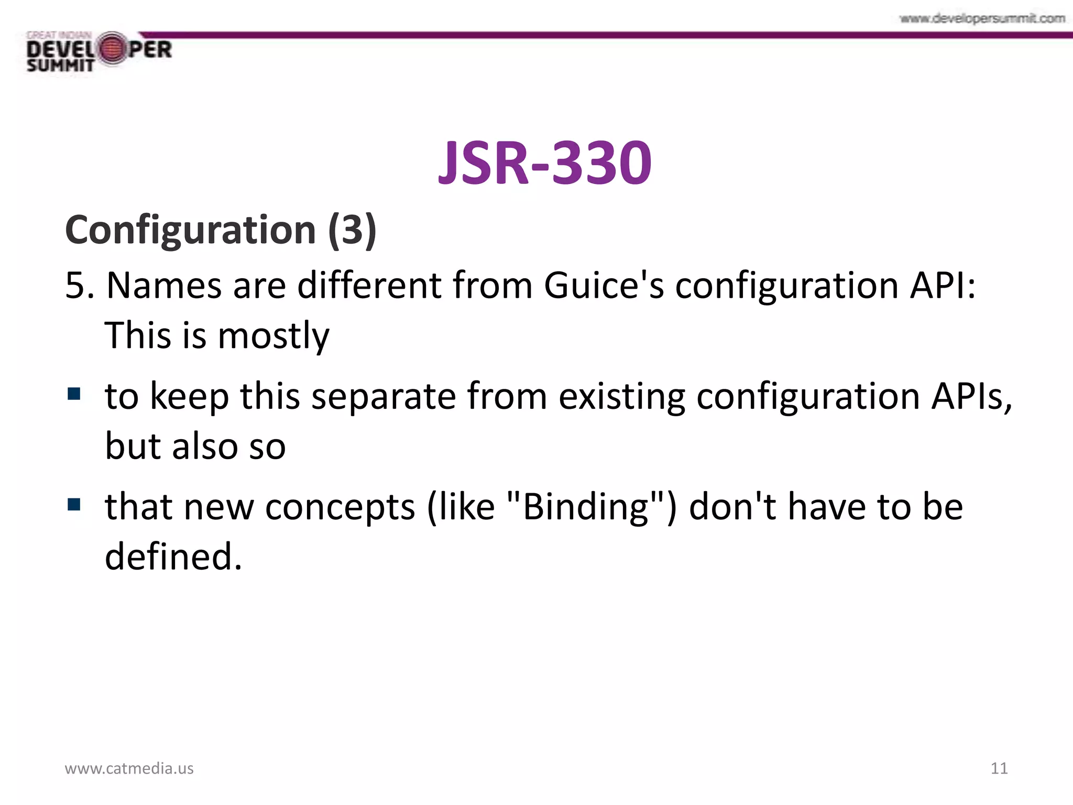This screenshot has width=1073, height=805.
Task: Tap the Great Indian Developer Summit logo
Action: coord(99,52)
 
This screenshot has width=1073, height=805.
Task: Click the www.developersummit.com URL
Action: coord(982,19)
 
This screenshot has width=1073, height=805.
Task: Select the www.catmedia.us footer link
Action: coord(129,768)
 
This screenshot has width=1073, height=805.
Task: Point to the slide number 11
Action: coord(999,768)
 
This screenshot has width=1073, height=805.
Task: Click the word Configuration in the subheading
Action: coord(190,231)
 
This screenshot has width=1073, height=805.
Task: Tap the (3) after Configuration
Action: coord(352,231)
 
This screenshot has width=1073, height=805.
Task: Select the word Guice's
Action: coord(604,286)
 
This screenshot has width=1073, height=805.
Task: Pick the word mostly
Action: coord(273,335)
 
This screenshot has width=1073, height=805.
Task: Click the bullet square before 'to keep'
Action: coord(74,394)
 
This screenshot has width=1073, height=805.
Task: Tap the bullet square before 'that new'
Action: coord(74,504)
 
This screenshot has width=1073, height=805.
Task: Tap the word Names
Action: coord(164,286)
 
